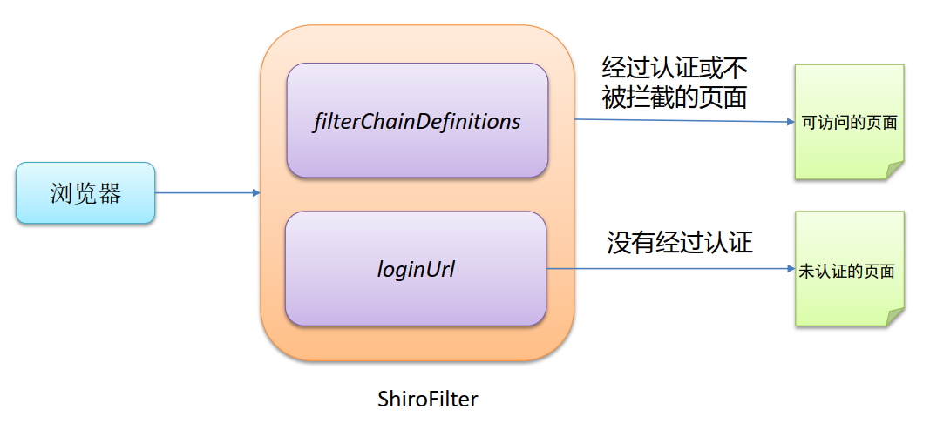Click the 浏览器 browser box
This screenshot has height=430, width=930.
85,193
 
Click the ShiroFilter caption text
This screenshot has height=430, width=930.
428,400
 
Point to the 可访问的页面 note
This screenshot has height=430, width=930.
849,122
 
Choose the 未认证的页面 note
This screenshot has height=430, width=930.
849,270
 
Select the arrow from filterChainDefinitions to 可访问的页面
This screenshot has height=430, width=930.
680,120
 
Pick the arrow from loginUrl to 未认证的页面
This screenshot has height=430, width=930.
671,269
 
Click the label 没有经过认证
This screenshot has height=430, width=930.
679,242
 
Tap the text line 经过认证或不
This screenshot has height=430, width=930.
675,68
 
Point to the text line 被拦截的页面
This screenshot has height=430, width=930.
675,97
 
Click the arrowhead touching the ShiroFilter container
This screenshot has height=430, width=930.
256,193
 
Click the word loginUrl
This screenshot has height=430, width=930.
416,270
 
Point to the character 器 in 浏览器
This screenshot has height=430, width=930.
110,193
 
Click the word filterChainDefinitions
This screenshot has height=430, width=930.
417,121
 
